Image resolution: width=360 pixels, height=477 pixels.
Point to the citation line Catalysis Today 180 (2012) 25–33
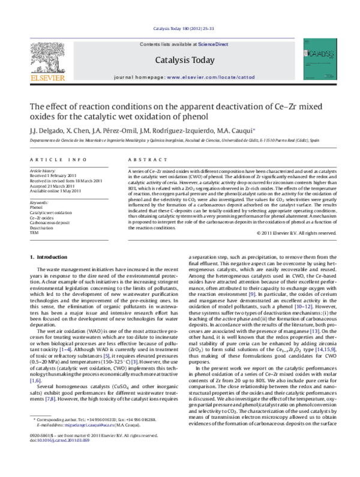(180, 28)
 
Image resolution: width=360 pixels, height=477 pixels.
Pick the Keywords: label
(39, 203)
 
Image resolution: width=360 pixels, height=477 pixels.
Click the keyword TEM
(34, 232)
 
